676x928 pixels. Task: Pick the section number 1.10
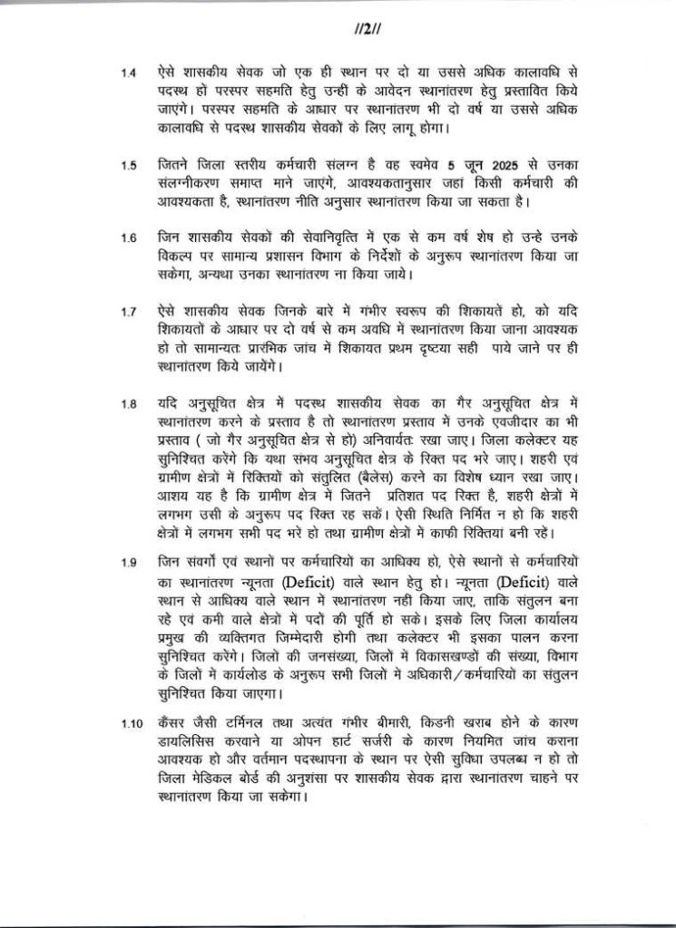(133, 725)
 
